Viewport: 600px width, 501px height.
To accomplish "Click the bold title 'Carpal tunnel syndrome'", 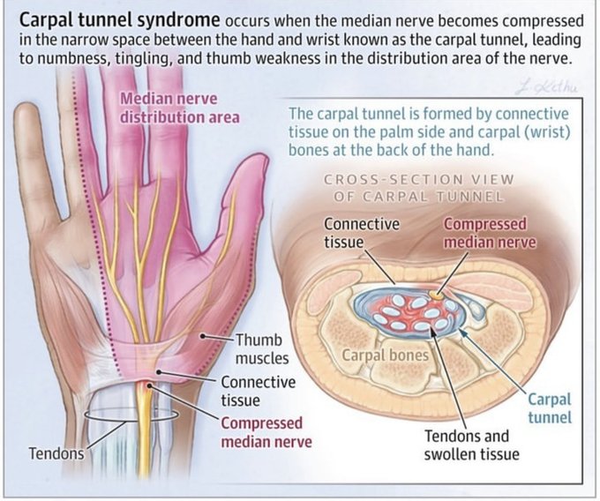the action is [x=120, y=20].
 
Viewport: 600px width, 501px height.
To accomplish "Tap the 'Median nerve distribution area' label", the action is [x=180, y=108].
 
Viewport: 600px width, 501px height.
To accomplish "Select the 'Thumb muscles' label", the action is [x=262, y=348].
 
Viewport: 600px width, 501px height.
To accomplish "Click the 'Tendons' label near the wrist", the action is [x=56, y=453].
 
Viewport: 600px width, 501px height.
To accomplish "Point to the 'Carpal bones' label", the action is [x=386, y=355].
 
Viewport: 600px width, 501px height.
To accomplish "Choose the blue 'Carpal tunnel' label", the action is [x=550, y=408].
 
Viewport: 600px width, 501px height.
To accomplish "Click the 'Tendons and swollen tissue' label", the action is [x=472, y=445].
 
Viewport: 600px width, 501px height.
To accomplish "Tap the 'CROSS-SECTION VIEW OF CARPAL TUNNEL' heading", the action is [x=418, y=188].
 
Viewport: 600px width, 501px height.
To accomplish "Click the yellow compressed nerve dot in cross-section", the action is [x=436, y=295].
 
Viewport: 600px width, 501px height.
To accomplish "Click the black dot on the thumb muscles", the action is [x=203, y=337].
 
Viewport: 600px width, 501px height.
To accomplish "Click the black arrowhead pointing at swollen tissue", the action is [x=433, y=332].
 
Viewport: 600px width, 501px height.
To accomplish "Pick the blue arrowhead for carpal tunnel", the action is [x=462, y=333].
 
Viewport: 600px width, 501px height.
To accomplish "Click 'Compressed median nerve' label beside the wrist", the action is [x=266, y=432].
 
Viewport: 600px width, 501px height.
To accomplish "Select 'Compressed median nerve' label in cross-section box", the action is [x=490, y=233].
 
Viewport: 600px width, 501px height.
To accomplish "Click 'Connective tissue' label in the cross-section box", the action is [x=362, y=233].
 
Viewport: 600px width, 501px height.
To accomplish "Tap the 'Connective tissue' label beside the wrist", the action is [x=259, y=391].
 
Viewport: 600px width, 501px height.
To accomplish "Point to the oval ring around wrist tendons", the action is [x=131, y=421].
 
